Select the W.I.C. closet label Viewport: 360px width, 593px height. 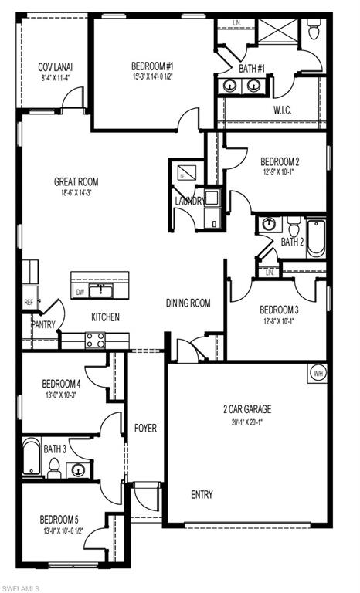283,110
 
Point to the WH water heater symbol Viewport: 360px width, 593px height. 318,373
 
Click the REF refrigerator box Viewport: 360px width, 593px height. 29,303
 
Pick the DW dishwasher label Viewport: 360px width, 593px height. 80,292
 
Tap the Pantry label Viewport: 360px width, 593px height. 43,325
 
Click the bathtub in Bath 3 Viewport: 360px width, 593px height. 31,457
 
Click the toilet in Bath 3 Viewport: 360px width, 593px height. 54,466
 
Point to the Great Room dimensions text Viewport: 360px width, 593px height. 76,193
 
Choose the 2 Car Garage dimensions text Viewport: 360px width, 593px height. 247,422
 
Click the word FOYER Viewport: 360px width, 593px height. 146,428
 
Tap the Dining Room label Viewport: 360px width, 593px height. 188,303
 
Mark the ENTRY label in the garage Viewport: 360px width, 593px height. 202,494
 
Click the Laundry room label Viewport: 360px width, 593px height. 190,201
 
